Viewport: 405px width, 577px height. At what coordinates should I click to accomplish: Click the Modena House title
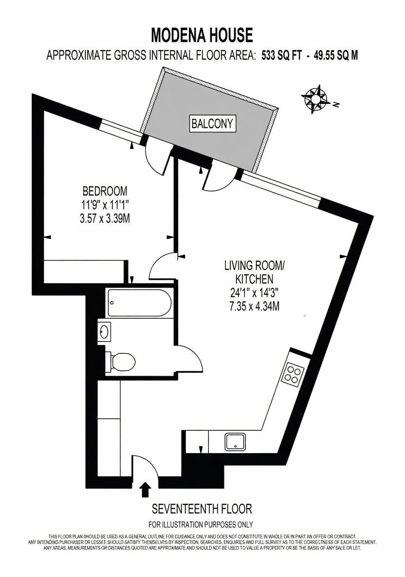(202, 35)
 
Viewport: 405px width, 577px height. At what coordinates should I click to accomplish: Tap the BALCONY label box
(212, 124)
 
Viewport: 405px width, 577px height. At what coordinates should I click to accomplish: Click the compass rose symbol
(316, 98)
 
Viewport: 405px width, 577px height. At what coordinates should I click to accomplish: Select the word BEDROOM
(105, 192)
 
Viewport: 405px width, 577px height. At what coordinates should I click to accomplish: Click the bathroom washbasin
(104, 331)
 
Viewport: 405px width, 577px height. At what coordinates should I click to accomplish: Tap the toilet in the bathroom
(120, 363)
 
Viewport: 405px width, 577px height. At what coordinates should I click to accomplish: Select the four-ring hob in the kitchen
(293, 374)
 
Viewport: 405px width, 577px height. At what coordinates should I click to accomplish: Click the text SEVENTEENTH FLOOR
(202, 509)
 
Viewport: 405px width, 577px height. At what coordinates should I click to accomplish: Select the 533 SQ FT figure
(281, 56)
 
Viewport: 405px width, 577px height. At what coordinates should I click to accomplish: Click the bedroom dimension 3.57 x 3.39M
(105, 219)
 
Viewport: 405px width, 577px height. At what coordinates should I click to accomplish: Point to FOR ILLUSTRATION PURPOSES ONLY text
(201, 524)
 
